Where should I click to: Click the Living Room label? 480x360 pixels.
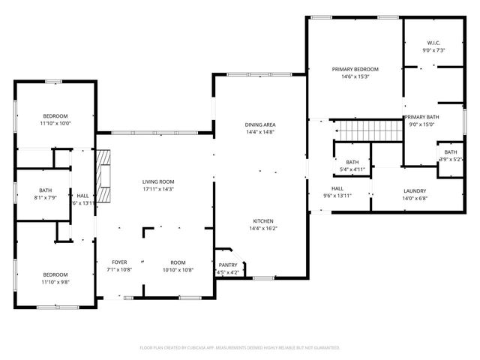point(158,181)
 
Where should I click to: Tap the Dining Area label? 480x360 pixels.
point(259,124)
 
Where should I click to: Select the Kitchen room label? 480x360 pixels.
point(262,221)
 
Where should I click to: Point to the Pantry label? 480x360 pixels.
point(228,265)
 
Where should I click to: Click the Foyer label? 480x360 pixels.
point(120,262)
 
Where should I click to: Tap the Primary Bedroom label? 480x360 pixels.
point(355,68)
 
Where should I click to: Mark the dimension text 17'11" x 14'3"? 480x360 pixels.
point(158,189)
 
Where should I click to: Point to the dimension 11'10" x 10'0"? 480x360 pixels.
point(55,123)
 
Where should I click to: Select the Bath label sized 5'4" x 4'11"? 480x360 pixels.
point(352,162)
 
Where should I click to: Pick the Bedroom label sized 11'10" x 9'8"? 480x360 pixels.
point(55,274)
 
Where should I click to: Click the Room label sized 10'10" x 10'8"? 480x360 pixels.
point(178,262)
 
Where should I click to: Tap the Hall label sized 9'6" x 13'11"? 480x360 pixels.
point(337,188)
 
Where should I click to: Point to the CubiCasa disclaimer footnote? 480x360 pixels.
point(240,347)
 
